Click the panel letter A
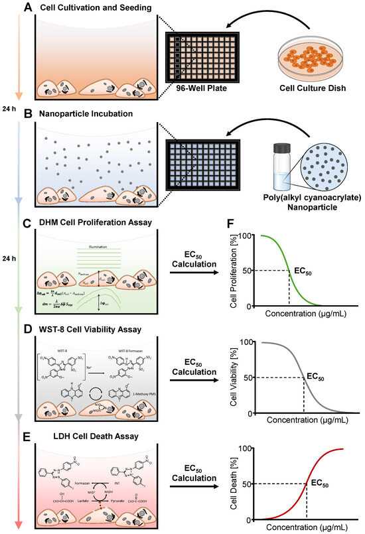coord(29,7)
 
